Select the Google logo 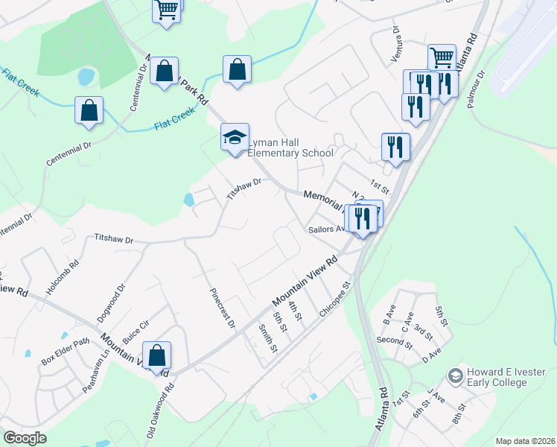coord(25,438)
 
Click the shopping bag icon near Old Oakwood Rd coord(157,355)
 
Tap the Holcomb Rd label coord(63,278)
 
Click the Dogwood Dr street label coord(111,302)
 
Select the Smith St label coord(268,338)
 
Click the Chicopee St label coord(334,300)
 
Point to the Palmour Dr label coord(477,89)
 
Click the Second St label coord(394,341)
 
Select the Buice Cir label coord(136,331)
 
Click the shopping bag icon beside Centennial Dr coord(89,110)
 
